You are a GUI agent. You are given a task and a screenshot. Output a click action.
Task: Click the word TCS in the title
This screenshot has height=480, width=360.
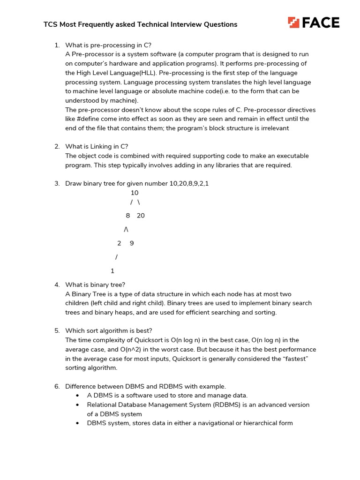(x=50, y=24)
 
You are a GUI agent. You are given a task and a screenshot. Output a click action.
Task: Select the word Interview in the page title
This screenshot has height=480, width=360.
(x=184, y=24)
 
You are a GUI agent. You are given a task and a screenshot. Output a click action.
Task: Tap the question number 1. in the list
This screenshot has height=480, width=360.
(x=57, y=45)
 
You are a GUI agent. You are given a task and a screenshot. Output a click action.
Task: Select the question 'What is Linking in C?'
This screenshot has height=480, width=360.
(x=97, y=147)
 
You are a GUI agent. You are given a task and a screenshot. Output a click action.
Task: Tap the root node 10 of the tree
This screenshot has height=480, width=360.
(x=135, y=193)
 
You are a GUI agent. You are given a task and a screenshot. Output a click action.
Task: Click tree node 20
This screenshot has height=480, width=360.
(x=141, y=216)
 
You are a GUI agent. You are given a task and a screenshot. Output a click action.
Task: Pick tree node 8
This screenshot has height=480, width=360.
(x=127, y=216)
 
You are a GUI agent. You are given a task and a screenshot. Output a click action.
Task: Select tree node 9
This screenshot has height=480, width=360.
(x=132, y=243)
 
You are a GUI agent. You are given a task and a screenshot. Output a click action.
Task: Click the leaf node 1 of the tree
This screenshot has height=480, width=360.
(x=112, y=271)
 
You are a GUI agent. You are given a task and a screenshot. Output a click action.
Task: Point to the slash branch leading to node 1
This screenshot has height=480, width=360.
(x=116, y=257)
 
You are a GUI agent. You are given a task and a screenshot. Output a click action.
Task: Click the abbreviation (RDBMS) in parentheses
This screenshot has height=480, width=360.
(x=229, y=405)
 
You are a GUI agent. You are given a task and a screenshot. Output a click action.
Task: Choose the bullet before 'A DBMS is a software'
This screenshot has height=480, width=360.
(x=77, y=396)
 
